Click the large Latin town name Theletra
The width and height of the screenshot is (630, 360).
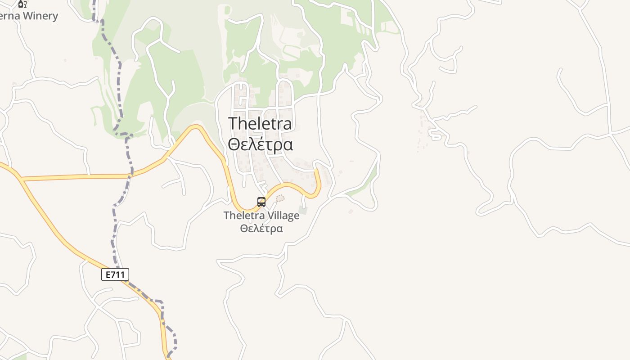260,123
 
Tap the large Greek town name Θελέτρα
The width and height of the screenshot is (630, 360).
260,144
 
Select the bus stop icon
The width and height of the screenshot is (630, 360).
261,202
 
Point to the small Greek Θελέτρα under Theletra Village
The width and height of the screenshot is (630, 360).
261,228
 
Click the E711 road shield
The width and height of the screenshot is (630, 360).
115,274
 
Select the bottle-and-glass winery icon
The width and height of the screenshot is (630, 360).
22,4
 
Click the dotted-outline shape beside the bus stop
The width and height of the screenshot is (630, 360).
280,198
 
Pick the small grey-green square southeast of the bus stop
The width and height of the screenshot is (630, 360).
303,210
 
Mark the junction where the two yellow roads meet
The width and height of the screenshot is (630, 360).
21,180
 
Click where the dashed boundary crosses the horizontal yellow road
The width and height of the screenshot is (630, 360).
131,175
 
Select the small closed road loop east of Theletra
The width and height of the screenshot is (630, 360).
435,134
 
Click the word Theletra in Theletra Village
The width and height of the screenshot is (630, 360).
242,216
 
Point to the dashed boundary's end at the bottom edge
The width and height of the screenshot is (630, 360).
169,358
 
